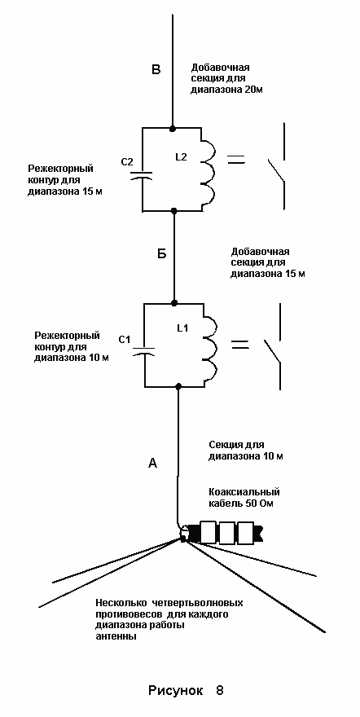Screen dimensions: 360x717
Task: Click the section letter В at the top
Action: pyautogui.click(x=156, y=69)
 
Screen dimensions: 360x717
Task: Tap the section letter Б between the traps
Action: pyautogui.click(x=161, y=254)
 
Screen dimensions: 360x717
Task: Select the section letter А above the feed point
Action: pyautogui.click(x=153, y=464)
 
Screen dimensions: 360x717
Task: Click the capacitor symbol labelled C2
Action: pyautogui.click(x=143, y=175)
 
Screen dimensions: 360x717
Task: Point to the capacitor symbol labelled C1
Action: pyautogui.click(x=144, y=350)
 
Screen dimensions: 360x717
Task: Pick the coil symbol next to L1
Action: pyautogui.click(x=209, y=345)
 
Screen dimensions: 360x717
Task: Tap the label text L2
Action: pyautogui.click(x=182, y=156)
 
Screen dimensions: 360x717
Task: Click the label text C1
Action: pyautogui.click(x=125, y=339)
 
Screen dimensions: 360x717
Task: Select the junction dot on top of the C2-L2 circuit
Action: pyautogui.click(x=172, y=128)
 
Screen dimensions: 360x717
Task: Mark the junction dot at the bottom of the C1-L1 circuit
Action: pyautogui.click(x=178, y=387)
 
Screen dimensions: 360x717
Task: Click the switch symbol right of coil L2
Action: pyautogui.click(x=279, y=167)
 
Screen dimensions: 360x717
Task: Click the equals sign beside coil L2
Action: pyautogui.click(x=236, y=159)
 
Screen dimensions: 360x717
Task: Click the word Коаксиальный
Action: pyautogui.click(x=244, y=492)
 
